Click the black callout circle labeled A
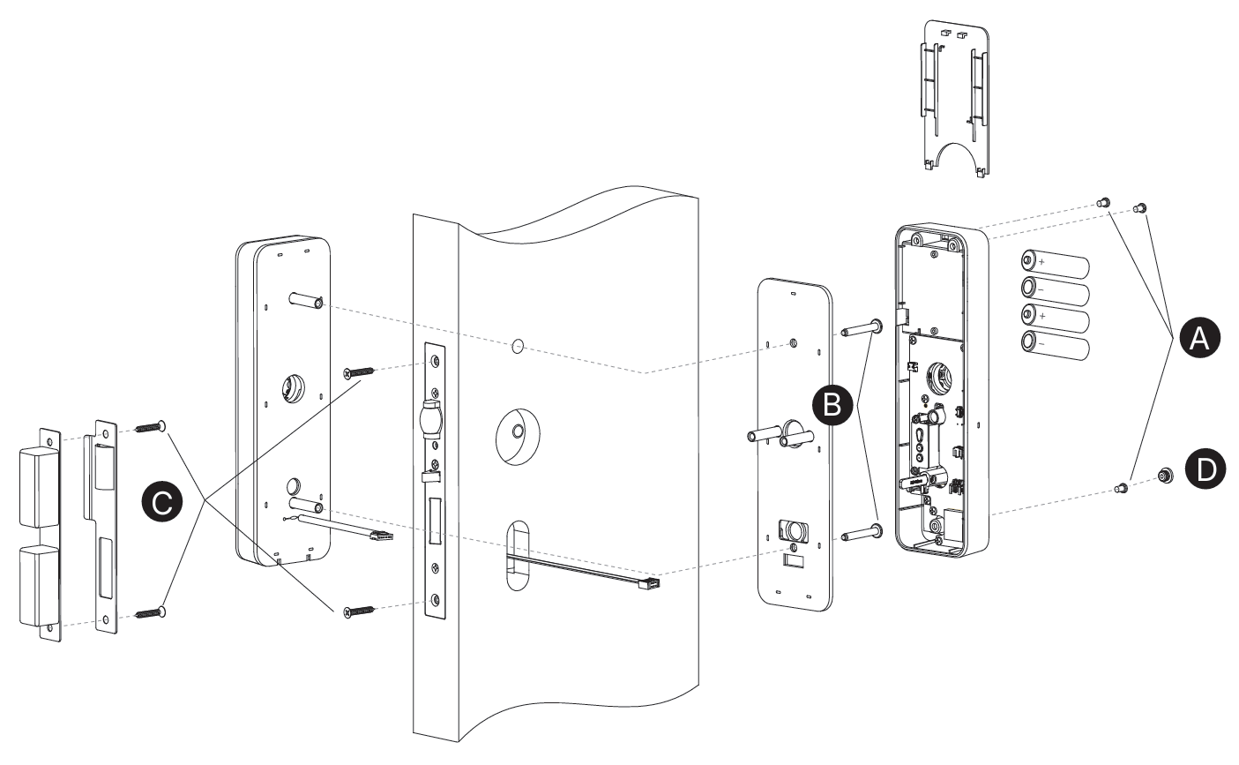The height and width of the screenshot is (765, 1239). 1199,337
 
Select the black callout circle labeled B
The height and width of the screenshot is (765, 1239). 832,405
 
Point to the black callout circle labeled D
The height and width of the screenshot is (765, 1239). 1205,469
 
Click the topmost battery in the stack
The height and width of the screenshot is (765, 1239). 1055,264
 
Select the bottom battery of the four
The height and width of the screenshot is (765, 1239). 1055,345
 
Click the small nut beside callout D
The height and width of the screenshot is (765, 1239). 1166,474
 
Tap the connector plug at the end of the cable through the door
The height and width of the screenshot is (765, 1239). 652,583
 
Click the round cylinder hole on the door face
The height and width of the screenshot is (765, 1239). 518,437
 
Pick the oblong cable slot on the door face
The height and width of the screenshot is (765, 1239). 517,556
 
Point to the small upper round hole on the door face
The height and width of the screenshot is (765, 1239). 517,347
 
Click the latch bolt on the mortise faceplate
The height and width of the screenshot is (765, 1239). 432,419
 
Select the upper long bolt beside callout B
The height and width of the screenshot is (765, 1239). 862,329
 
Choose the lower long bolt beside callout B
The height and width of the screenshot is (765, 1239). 862,533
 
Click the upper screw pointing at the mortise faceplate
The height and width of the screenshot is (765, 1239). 359,372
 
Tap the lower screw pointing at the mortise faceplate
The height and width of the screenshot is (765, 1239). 359,611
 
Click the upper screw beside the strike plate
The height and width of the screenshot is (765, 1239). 150,427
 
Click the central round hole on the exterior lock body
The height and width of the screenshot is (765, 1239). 293,387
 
